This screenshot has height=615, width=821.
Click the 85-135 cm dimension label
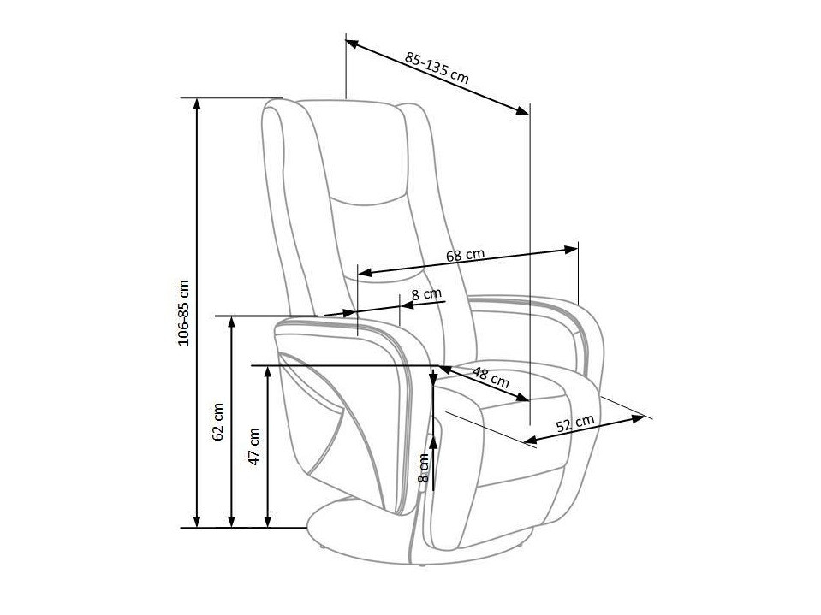click(437, 68)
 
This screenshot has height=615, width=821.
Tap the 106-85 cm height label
click(183, 312)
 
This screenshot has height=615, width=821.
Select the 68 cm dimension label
click(466, 255)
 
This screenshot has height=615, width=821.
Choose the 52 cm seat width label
click(575, 425)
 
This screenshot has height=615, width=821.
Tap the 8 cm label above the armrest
click(426, 294)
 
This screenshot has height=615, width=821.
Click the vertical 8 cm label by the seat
click(422, 468)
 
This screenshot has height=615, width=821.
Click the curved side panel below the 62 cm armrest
click(334, 419)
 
